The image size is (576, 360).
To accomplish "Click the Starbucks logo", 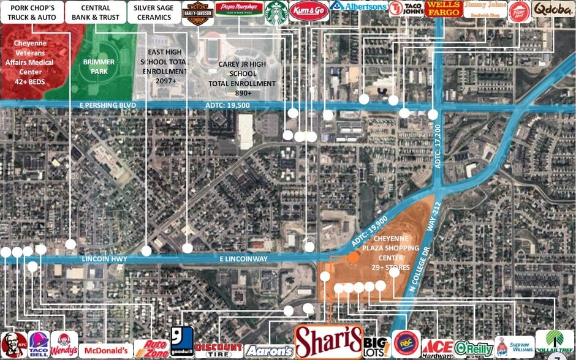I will click(276, 12).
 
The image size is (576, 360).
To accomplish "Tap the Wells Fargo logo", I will click(444, 9).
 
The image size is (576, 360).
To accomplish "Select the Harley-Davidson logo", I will click(198, 13).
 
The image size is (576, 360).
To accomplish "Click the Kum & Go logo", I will click(309, 11).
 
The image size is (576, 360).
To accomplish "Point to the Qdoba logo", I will click(553, 10).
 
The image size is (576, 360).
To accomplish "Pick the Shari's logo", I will click(328, 340).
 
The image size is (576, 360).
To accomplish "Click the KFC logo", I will click(13, 345).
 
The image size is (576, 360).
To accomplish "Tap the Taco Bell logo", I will click(39, 345).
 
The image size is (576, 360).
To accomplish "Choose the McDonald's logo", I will click(105, 350).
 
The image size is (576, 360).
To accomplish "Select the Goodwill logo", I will click(182, 342).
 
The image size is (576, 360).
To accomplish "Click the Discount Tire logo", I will click(219, 350).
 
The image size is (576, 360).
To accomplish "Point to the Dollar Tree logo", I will click(555, 343).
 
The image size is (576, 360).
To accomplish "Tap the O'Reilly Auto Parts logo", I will click(474, 348).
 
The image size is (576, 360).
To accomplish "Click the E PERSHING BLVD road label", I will click(107, 105).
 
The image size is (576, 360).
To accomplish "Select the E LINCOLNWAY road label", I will click(244, 259).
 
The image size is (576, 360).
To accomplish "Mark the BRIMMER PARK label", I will click(99, 67).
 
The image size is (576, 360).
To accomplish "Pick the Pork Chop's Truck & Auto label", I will click(31, 12).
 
